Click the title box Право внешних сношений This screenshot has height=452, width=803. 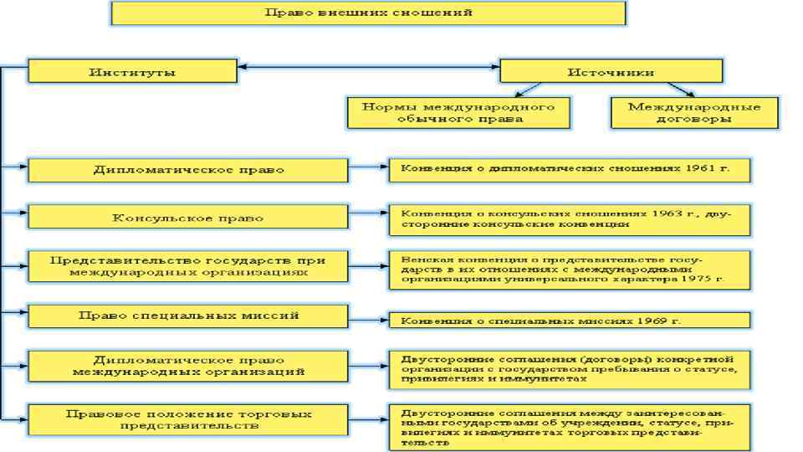tap(368, 13)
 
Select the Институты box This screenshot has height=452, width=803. tap(132, 71)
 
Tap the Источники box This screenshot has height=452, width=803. tap(610, 71)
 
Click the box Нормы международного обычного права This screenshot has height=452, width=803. tap(458, 112)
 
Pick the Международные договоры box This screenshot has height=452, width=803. tap(693, 112)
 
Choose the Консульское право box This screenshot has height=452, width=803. tap(187, 218)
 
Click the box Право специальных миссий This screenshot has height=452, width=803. tap(187, 316)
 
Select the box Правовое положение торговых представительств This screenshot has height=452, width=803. tap(187, 419)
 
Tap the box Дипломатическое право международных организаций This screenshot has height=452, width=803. tap(187, 365)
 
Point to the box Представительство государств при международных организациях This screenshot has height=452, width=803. tap(187, 266)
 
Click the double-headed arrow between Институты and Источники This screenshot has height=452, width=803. tap(368, 66)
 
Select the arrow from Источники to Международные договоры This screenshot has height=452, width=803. tap(680, 89)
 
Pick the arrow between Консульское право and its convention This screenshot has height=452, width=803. tap(368, 218)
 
